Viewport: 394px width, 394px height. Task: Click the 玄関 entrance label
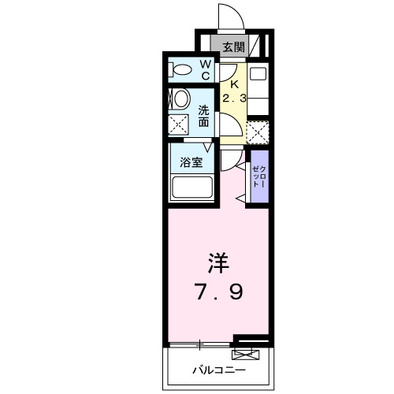pyautogui.click(x=232, y=47)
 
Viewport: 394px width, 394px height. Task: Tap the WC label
pyautogui.click(x=203, y=70)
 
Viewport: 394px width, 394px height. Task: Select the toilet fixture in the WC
pyautogui.click(x=180, y=70)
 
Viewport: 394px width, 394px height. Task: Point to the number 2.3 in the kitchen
pyautogui.click(x=233, y=99)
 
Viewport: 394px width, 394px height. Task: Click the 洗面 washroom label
pyautogui.click(x=203, y=116)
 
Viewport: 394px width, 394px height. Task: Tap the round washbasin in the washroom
pyautogui.click(x=180, y=99)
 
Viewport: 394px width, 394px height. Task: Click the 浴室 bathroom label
pyautogui.click(x=191, y=164)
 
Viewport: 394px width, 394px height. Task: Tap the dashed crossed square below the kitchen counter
pyautogui.click(x=258, y=131)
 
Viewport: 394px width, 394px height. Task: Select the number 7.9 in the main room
pyautogui.click(x=220, y=292)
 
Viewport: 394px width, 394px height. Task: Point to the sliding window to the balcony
pyautogui.click(x=201, y=344)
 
